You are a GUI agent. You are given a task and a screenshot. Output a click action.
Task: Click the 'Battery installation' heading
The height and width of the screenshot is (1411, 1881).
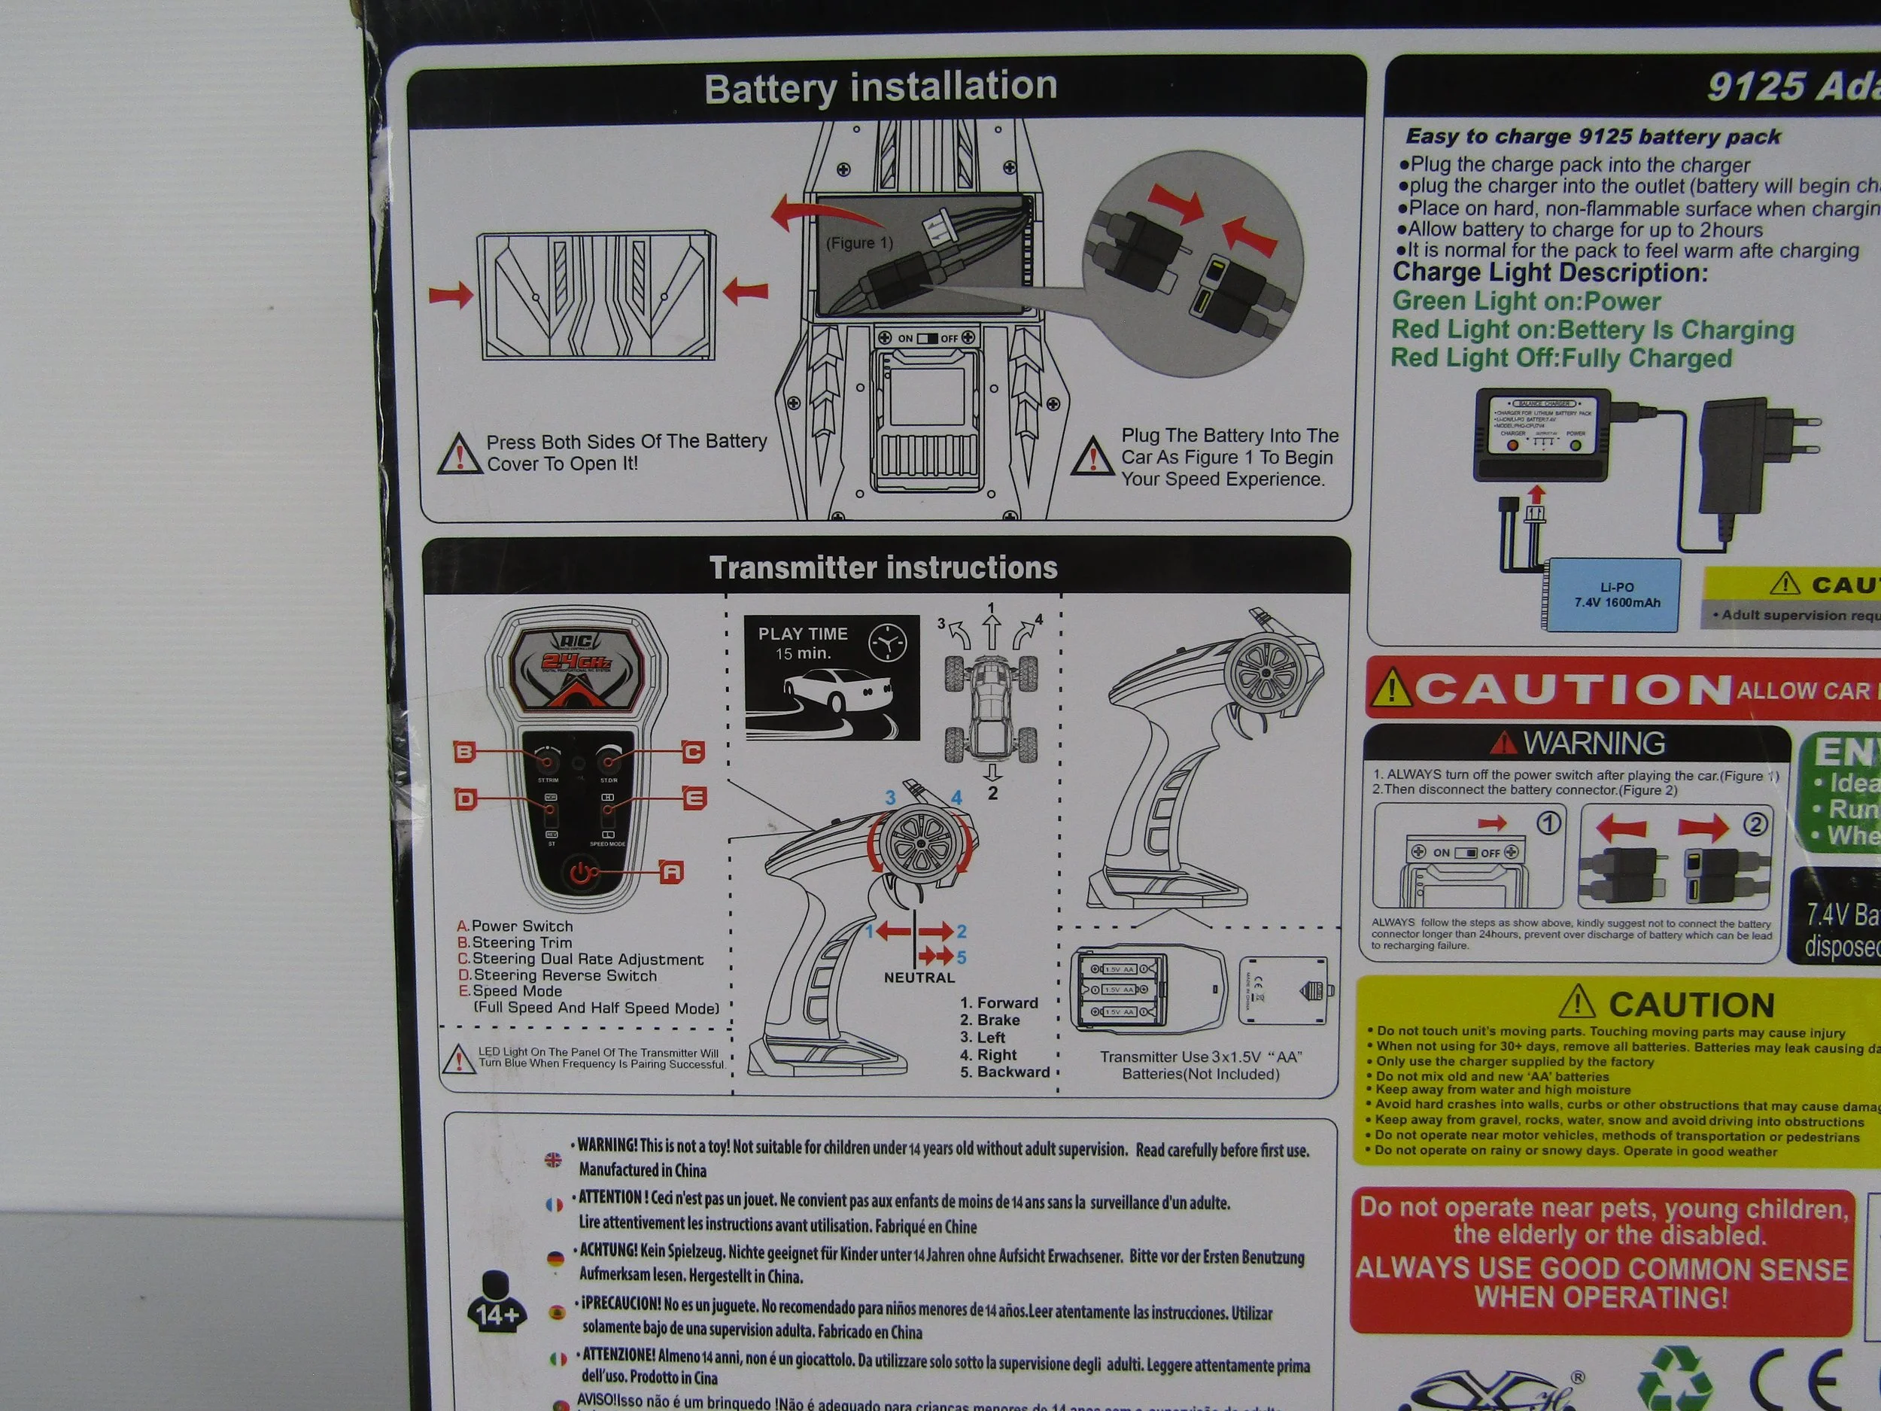[880, 87]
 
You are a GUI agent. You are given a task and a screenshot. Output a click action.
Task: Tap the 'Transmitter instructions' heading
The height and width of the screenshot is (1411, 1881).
[883, 567]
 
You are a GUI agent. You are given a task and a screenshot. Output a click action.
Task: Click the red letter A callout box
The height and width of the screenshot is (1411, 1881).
[672, 871]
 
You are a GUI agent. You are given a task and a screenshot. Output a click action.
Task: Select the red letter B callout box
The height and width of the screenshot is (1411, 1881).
[464, 752]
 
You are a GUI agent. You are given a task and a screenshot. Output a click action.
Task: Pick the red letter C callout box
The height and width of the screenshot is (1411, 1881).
[693, 752]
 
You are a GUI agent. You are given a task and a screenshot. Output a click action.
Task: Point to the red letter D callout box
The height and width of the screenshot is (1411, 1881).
[465, 799]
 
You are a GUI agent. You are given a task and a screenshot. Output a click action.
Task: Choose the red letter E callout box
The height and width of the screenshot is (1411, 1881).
[694, 798]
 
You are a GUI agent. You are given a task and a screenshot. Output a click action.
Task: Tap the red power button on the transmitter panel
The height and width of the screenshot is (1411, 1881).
[582, 874]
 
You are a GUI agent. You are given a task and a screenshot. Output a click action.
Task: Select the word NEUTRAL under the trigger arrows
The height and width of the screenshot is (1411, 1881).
[919, 978]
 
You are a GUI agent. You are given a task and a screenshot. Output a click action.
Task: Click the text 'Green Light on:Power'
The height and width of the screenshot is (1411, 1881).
[1527, 301]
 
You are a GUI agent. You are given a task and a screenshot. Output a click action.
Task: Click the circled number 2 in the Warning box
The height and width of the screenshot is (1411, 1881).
[1755, 824]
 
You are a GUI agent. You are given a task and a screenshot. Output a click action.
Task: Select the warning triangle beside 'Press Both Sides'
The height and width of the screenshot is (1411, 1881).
[459, 455]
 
